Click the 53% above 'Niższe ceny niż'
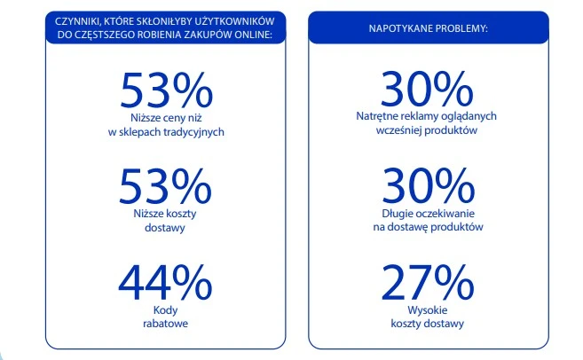167,90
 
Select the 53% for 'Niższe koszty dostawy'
167,186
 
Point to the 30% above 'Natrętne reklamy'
427,90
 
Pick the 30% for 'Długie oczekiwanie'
427,186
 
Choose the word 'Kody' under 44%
167,310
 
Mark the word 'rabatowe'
167,324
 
